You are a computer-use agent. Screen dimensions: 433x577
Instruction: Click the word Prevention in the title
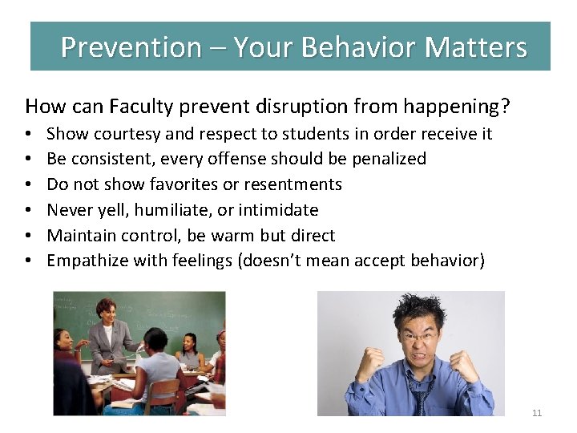pos(131,47)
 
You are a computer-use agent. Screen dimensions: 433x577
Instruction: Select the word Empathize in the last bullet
pos(86,261)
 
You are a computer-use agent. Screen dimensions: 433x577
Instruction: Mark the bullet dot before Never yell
pos(28,211)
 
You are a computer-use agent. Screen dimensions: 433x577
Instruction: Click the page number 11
pos(537,413)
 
